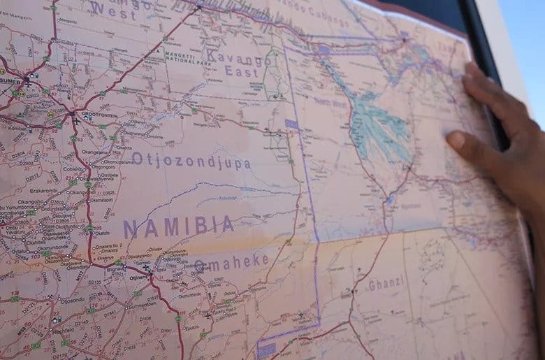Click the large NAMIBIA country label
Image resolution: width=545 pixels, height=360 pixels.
[x=179, y=226]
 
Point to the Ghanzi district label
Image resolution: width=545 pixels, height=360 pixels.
[x=386, y=285]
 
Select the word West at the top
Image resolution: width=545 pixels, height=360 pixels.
[x=113, y=10]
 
